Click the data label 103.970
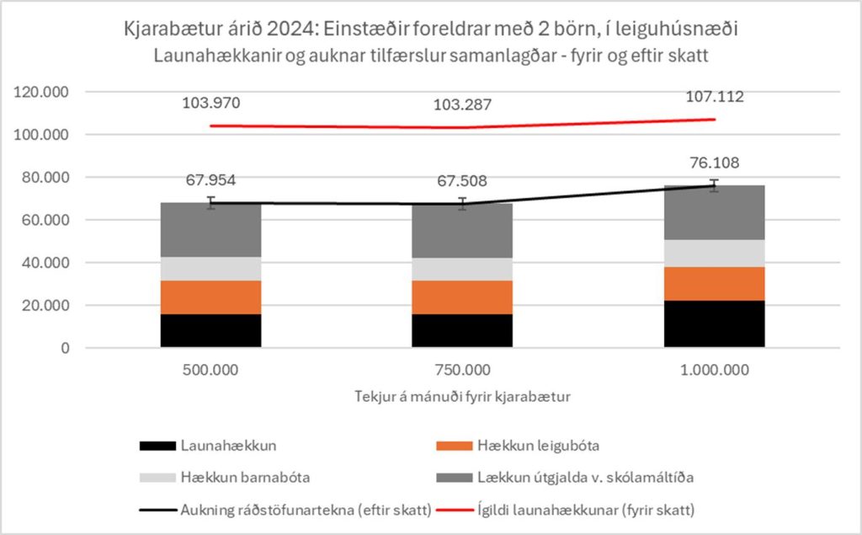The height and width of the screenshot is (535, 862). (211, 104)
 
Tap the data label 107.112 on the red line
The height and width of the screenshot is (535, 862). (715, 96)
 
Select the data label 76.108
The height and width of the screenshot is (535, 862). (715, 163)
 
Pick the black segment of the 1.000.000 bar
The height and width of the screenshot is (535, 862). (715, 324)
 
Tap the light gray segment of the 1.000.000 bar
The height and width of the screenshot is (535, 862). (715, 253)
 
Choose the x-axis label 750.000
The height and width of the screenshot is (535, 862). (462, 370)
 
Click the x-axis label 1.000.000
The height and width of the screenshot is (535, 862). (715, 370)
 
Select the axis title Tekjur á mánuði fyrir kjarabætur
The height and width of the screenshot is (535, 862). (462, 397)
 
